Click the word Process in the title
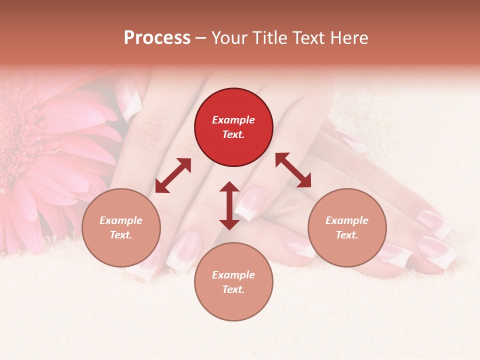point(157,38)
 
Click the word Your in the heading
point(229,38)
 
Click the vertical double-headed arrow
point(229,205)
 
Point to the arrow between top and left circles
point(173,175)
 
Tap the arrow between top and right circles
point(293,170)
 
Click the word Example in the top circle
point(233,120)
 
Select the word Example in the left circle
point(121,220)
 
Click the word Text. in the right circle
point(347,235)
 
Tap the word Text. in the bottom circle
point(233,289)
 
